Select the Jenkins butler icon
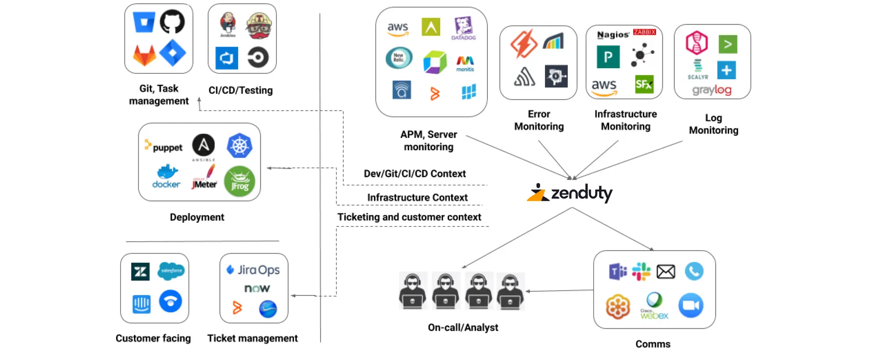(x=228, y=24)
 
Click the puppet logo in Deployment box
(x=163, y=147)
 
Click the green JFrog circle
(x=240, y=181)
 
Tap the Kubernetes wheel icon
(x=240, y=145)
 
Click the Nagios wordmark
(x=613, y=34)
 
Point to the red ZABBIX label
(x=644, y=32)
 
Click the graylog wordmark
(x=712, y=90)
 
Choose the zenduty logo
(x=570, y=193)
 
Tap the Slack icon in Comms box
(x=641, y=271)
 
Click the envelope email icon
(x=666, y=272)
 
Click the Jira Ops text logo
(x=253, y=269)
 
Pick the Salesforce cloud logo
(x=171, y=270)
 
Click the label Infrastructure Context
(x=417, y=197)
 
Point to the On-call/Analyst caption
(x=463, y=327)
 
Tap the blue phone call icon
(x=694, y=271)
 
